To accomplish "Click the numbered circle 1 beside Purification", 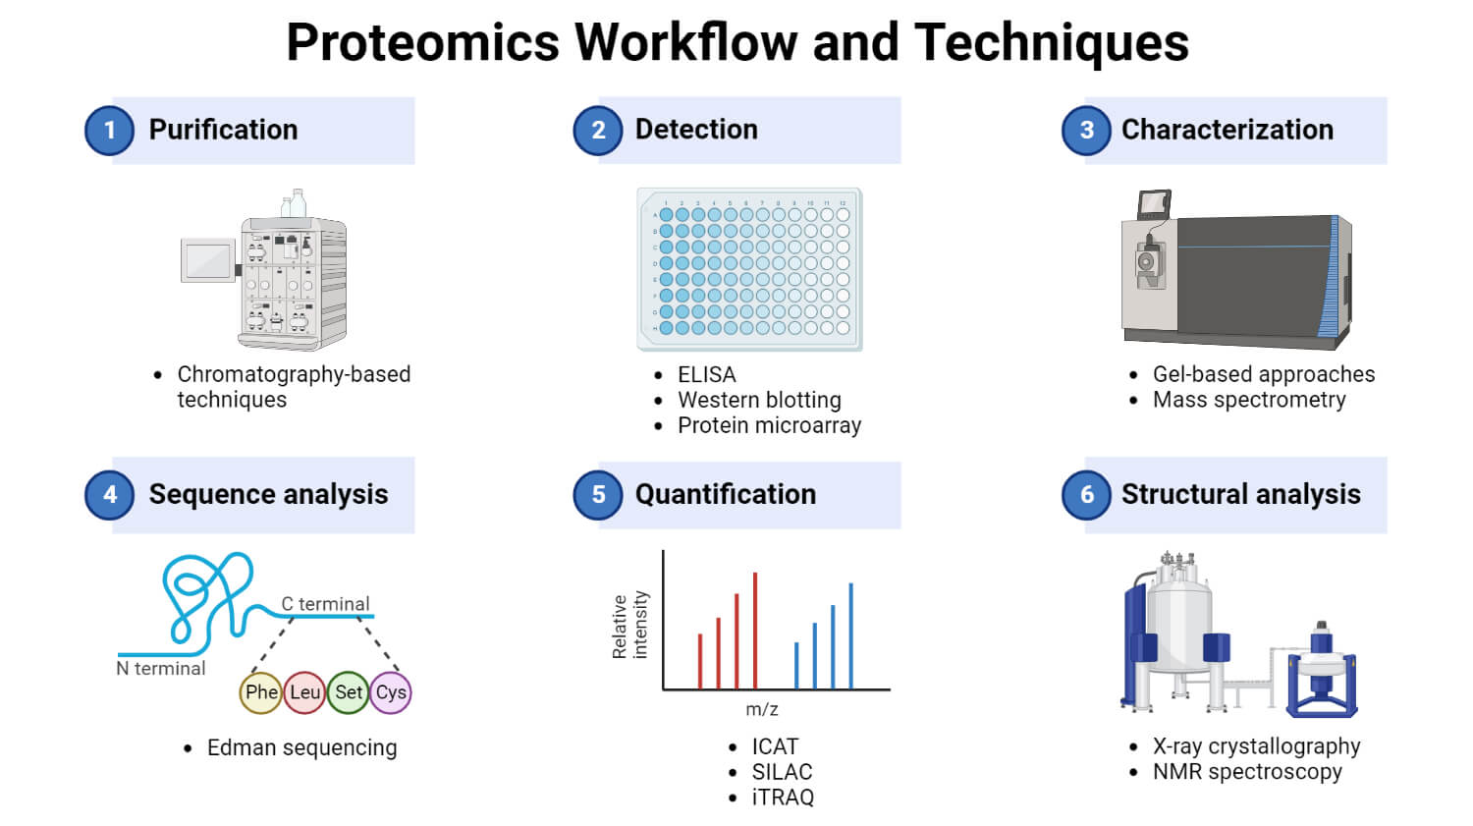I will [109, 131].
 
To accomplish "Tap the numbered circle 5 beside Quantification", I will [598, 495].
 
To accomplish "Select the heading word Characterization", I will [1227, 130].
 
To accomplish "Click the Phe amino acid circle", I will [261, 692].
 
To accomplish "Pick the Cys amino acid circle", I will [391, 692].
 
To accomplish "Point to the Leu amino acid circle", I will [304, 692].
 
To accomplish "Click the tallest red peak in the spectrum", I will [754, 629].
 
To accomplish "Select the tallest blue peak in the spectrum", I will [850, 634].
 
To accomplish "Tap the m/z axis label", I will [761, 709].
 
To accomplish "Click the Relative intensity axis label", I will [629, 625].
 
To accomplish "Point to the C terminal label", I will [325, 604].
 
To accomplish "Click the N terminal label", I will [161, 669].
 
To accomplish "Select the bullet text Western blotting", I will [759, 400].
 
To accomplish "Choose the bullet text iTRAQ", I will [783, 798].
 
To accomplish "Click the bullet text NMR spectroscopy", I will [1246, 772].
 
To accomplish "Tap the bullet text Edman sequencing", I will [301, 748].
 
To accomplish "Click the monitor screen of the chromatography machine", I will [207, 260].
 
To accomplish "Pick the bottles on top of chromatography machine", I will [294, 203].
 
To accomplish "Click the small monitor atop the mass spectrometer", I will [1154, 203].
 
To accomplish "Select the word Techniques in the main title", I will [1051, 43].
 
